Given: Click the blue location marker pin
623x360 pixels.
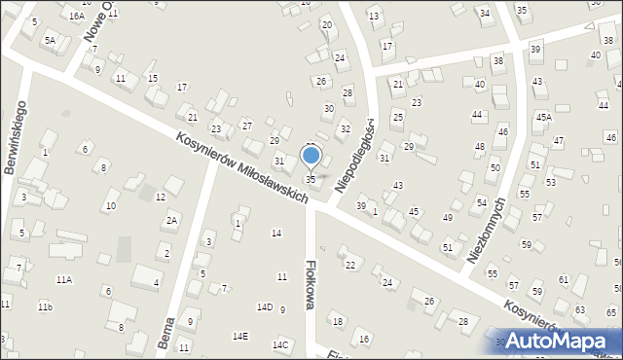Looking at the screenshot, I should pos(311,156).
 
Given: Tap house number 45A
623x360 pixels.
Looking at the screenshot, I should pos(543,117).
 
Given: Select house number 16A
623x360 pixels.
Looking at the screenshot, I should pos(76,16).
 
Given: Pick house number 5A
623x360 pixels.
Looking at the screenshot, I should pos(49,40).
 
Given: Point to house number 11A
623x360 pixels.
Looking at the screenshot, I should pos(63,279).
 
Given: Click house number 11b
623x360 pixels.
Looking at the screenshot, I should pos(45,306).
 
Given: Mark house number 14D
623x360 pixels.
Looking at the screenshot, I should pos(265,306).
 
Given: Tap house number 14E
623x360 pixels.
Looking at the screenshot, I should pos(239,336).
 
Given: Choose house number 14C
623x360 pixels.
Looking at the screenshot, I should pos(280,344).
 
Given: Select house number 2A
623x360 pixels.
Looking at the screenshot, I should pos(171,220).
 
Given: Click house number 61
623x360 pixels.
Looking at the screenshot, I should pos(564,279).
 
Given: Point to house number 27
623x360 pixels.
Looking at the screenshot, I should pos(247,126).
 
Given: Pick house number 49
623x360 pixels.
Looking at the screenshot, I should pos(447,217).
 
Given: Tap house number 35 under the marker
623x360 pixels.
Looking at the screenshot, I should pos(311,179).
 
